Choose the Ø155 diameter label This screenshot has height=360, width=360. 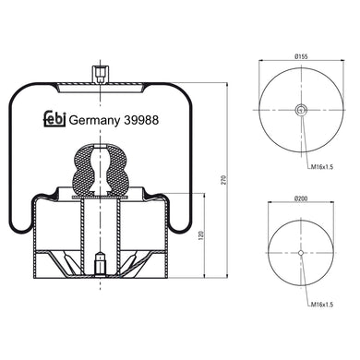tap(301, 58)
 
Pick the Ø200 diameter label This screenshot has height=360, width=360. tap(301, 198)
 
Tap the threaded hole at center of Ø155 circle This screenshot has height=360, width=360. tap(301, 111)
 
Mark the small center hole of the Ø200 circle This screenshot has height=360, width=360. tap(301, 253)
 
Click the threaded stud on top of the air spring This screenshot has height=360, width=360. tap(97, 73)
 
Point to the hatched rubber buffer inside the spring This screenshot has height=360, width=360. tap(97, 166)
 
